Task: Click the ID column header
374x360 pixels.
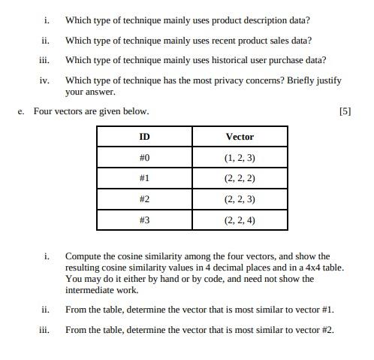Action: (144, 136)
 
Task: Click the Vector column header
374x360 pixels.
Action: (240, 136)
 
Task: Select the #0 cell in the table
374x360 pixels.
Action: (144, 157)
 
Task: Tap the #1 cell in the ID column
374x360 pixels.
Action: (144, 178)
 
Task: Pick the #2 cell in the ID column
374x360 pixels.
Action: (144, 199)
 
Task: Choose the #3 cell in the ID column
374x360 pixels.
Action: (144, 220)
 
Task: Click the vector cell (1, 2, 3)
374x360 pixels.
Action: (240, 157)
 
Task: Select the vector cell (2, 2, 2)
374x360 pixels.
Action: (240, 178)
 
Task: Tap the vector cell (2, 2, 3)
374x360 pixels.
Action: (240, 199)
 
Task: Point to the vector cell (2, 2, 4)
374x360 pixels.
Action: (240, 220)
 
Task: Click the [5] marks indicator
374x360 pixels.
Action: (345, 111)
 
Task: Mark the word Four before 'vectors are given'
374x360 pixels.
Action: (44, 111)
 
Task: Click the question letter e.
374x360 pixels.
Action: (21, 111)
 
